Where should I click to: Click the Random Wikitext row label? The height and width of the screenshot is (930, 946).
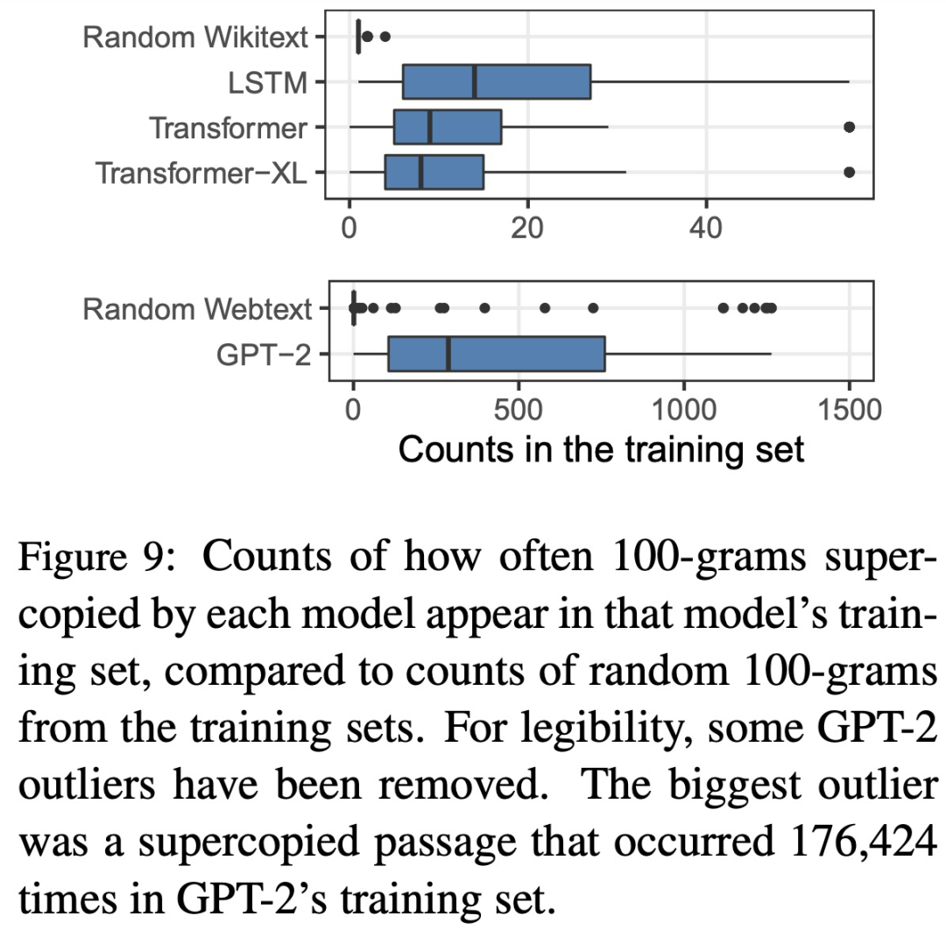tap(198, 38)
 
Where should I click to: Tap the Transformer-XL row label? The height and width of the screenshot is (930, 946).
tap(201, 173)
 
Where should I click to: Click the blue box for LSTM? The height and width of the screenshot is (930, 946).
tap(496, 82)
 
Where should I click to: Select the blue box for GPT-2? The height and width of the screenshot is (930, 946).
tap(496, 355)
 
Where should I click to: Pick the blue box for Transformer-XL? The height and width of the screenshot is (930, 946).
tap(434, 173)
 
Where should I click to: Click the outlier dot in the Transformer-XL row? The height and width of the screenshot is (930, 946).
tap(849, 173)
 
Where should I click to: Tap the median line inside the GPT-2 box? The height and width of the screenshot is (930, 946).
tap(448, 355)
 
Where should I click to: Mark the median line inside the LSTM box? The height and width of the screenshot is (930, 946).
tap(474, 82)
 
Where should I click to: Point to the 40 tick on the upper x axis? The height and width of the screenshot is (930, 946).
tap(706, 229)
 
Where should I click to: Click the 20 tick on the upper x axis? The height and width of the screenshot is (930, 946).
tap(527, 229)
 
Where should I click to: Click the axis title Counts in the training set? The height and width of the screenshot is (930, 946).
tap(601, 449)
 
